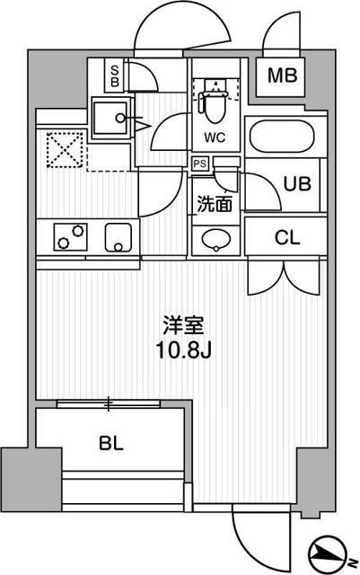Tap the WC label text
[215, 137]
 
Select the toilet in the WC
[215, 104]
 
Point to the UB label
[296, 183]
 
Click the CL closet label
[287, 238]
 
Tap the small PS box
[199, 164]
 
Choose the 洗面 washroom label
[215, 203]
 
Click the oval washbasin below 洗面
[215, 240]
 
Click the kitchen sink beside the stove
[119, 237]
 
